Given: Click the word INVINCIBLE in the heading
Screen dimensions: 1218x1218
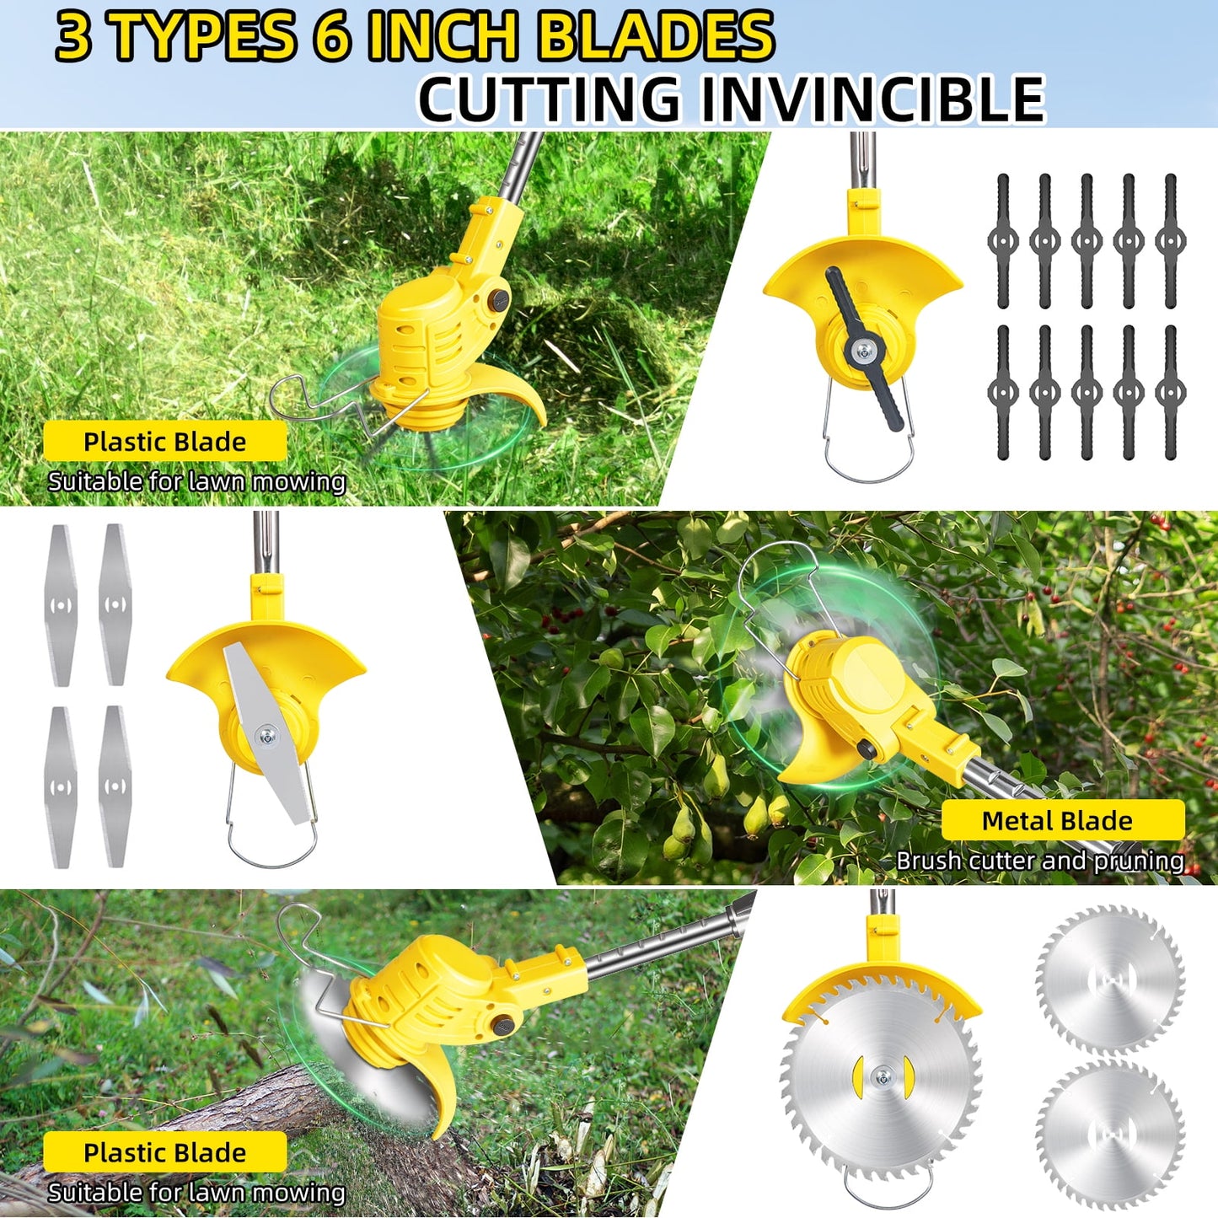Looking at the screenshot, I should (872, 99).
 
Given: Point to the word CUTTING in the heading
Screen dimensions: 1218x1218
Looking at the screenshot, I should (550, 99).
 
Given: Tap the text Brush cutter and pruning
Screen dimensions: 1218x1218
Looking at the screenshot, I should (1039, 861).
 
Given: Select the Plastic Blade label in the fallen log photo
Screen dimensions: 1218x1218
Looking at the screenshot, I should (165, 1152).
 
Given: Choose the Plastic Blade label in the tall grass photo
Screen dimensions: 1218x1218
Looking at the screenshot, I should (165, 442).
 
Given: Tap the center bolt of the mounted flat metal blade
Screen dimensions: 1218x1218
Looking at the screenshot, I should (266, 736).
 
